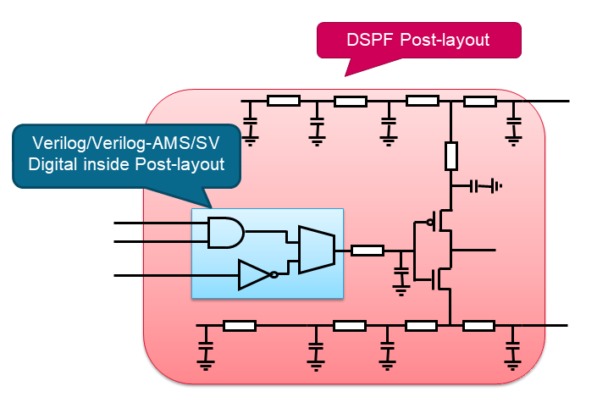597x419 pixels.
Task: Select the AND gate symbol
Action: (x=224, y=232)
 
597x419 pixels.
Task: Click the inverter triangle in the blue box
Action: (x=253, y=275)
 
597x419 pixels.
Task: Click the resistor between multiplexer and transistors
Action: (x=367, y=250)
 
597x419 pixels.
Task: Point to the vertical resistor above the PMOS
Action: (x=451, y=155)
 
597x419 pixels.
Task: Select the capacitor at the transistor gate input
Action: (x=401, y=275)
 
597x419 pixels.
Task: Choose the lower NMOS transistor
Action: (x=440, y=277)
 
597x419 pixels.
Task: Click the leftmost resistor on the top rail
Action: (x=283, y=101)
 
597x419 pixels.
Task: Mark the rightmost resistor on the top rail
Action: (x=479, y=101)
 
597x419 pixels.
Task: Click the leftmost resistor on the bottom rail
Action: (x=240, y=325)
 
